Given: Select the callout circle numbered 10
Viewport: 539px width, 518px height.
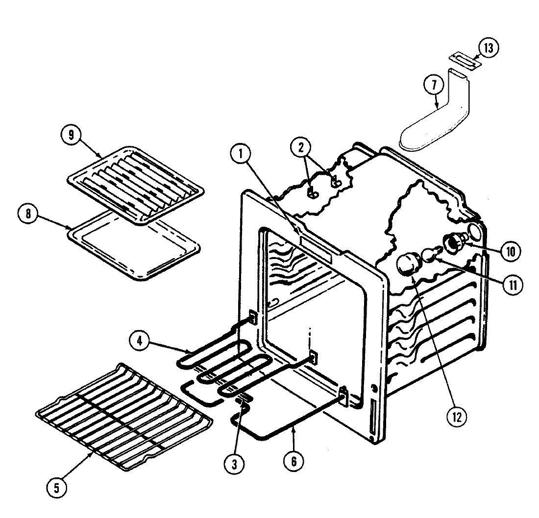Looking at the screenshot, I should pos(510,251).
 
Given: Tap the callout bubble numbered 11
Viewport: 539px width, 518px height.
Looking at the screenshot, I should pos(512,284).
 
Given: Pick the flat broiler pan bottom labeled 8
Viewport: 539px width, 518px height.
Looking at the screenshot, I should pos(133,245).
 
